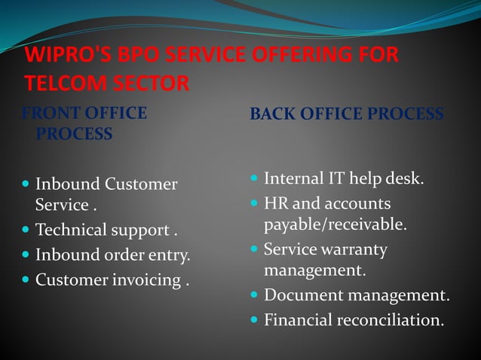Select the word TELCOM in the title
pyautogui.click(x=60, y=82)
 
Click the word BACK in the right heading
pyautogui.click(x=274, y=114)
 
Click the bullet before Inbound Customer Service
pyautogui.click(x=26, y=183)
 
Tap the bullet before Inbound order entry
pyautogui.click(x=26, y=255)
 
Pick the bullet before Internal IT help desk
pyautogui.click(x=255, y=178)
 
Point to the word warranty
pyautogui.click(x=353, y=249)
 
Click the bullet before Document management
pyautogui.click(x=255, y=295)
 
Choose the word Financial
pyautogui.click(x=298, y=320)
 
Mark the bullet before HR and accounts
pyautogui.click(x=255, y=203)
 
